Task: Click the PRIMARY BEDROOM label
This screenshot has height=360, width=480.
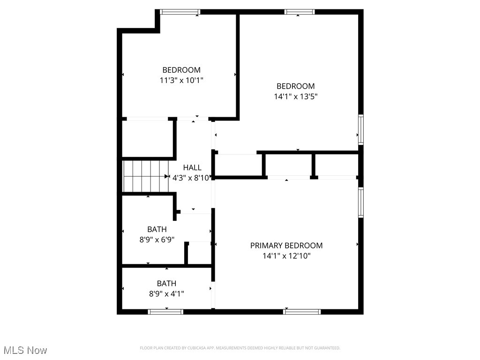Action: [286, 245]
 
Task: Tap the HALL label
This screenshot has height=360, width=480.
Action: [192, 167]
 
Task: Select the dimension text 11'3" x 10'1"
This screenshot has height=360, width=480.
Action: [181, 80]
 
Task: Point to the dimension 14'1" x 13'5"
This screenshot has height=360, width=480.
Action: [295, 97]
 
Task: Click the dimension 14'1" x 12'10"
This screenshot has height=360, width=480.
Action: [286, 256]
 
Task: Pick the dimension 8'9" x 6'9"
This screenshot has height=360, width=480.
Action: [157, 240]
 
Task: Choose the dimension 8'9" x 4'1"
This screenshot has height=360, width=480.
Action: [166, 294]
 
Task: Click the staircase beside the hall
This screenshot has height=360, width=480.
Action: [145, 176]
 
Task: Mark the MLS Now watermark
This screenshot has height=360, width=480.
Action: [25, 350]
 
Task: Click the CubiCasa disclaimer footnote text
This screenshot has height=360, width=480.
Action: [240, 348]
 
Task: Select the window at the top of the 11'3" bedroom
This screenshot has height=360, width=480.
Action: [180, 12]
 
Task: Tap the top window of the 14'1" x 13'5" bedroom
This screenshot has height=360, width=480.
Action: [299, 12]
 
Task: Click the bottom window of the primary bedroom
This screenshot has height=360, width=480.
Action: [302, 311]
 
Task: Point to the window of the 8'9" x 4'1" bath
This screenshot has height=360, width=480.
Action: [165, 311]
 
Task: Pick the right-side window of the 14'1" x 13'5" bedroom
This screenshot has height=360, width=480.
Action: [360, 129]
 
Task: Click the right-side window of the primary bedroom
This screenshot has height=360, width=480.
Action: [360, 202]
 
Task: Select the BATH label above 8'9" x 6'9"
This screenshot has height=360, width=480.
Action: [157, 229]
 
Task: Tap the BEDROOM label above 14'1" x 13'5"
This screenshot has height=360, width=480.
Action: [295, 86]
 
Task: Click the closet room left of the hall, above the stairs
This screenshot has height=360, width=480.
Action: [147, 139]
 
